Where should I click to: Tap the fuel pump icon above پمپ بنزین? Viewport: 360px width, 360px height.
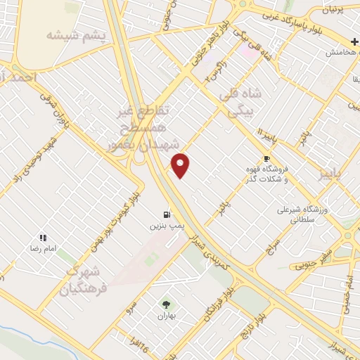(166, 214)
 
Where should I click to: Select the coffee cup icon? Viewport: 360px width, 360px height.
(266, 158)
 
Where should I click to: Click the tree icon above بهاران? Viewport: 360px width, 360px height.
(166, 304)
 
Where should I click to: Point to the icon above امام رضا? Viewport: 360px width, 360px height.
(42, 238)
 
